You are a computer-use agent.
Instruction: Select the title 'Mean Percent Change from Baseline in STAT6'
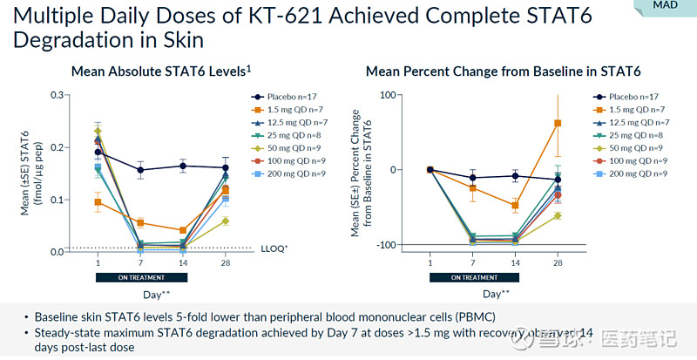(503, 71)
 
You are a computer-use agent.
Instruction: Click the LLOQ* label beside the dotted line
(274, 249)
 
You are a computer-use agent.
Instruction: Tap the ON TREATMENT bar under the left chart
(141, 277)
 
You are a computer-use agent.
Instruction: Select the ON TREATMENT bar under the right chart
(474, 277)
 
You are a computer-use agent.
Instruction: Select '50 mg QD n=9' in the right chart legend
(636, 148)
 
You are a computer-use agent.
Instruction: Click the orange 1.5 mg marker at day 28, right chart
(558, 124)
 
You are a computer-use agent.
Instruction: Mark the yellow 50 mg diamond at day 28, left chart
(226, 221)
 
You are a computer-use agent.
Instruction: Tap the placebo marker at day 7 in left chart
(140, 170)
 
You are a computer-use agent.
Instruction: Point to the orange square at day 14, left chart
(183, 230)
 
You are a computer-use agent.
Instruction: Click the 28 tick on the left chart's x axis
(226, 263)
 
